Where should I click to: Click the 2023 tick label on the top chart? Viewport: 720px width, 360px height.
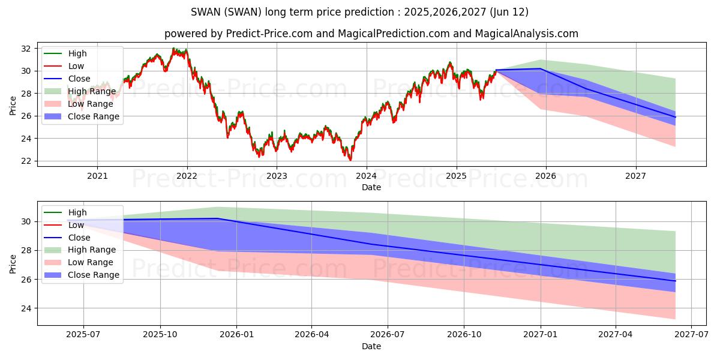pyautogui.click(x=277, y=176)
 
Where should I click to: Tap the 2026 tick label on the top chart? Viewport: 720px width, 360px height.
pyautogui.click(x=546, y=176)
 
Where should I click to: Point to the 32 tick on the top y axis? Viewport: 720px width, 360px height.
pyautogui.click(x=26, y=49)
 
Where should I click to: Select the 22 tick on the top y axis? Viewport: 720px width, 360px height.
pyautogui.click(x=26, y=161)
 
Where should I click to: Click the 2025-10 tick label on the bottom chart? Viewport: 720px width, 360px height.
pyautogui.click(x=160, y=335)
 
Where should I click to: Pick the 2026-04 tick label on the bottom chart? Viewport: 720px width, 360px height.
pyautogui.click(x=312, y=335)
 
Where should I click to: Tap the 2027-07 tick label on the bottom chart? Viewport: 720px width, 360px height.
pyautogui.click(x=691, y=335)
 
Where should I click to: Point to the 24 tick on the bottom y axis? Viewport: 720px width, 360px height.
pyautogui.click(x=26, y=308)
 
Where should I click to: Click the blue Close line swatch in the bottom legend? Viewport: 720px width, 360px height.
pyautogui.click(x=53, y=238)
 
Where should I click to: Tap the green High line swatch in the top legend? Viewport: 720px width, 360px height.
pyautogui.click(x=53, y=53)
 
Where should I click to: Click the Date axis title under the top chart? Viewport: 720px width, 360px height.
pyautogui.click(x=371, y=187)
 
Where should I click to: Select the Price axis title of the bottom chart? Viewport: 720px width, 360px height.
pyautogui.click(x=13, y=264)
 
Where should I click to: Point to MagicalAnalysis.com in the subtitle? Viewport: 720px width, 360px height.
pyautogui.click(x=527, y=34)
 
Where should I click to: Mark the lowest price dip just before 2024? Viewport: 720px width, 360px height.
pyautogui.click(x=350, y=160)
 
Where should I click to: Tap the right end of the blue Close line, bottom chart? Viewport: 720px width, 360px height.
pyautogui.click(x=676, y=281)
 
